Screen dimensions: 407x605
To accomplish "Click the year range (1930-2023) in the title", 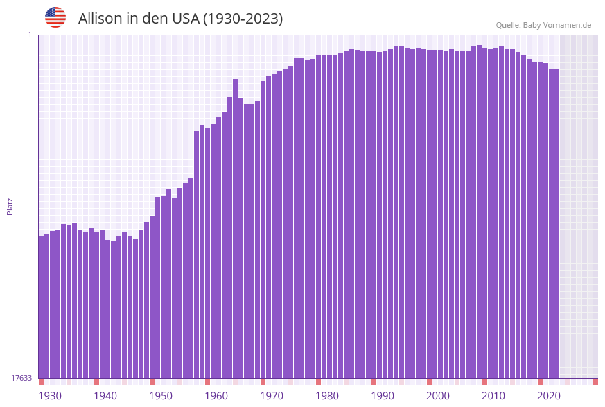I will point(243,19).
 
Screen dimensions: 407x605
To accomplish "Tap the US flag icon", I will point(55,17).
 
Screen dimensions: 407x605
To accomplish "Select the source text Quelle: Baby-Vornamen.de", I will point(543,25).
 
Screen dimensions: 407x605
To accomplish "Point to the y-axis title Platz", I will point(10,206).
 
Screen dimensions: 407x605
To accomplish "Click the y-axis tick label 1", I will point(30,35).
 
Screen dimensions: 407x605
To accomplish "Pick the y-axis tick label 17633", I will point(21,378).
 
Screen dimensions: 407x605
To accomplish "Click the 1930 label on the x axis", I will point(50,396).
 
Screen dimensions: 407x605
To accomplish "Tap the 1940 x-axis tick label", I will point(105,396).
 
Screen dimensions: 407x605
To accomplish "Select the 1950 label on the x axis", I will point(161,396).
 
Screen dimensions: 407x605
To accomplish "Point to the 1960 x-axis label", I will point(216,396).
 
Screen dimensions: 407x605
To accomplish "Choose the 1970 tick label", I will point(272,396).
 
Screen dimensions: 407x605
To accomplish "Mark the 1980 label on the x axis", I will point(327,396).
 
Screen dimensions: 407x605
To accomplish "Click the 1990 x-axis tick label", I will point(383,396).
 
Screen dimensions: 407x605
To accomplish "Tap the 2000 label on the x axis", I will point(438,396).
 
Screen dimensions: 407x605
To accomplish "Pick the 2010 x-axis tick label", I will point(493,396).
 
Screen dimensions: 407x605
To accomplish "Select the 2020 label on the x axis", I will point(549,396).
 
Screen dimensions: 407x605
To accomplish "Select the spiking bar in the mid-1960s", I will point(236,229).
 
